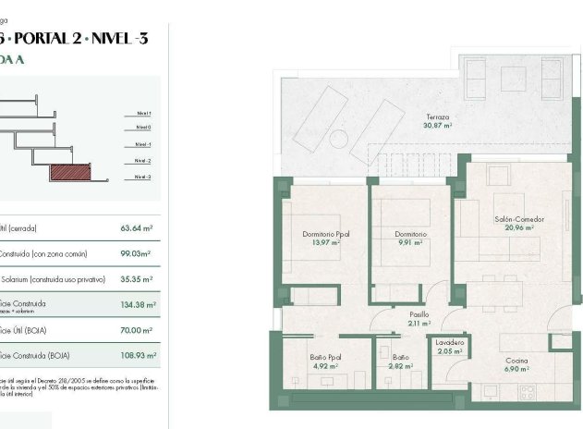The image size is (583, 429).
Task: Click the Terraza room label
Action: [x=438, y=117]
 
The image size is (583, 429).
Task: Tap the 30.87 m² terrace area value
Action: [x=438, y=126]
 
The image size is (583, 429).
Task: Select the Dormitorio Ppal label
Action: [x=326, y=234]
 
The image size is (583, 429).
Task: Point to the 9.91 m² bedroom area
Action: [x=412, y=242]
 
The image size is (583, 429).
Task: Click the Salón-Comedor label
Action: [x=519, y=219]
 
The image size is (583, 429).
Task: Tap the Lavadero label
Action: [x=450, y=343]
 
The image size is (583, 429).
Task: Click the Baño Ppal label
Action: [x=325, y=358]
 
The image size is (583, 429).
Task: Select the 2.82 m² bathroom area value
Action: [x=401, y=366]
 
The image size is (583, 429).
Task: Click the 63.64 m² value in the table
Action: [x=136, y=227]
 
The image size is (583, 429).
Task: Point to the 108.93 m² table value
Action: [x=137, y=356]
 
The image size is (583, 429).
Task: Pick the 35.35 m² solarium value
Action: [x=137, y=278]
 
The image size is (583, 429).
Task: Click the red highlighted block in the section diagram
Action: [x=71, y=172]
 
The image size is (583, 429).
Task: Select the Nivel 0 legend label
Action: [x=142, y=128]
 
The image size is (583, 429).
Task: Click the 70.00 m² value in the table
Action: [x=136, y=330]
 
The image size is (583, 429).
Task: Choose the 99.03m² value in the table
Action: [x=136, y=253]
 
